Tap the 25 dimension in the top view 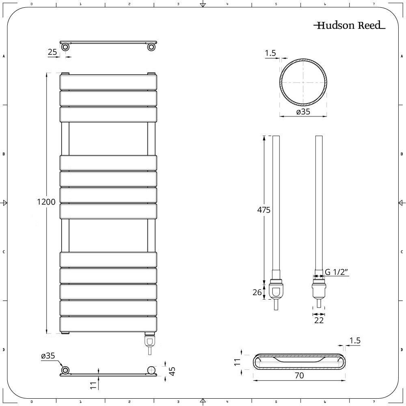coord(52,52)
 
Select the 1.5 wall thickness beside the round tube coord(270,53)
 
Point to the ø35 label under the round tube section coord(303,112)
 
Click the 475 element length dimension coord(263,210)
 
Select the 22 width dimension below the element coord(319,321)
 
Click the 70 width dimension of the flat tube coord(299,376)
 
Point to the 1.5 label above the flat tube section coord(355,341)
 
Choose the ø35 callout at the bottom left coord(48,356)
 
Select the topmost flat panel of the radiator coord(108,82)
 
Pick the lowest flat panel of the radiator coord(108,324)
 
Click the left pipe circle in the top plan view coord(65,48)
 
